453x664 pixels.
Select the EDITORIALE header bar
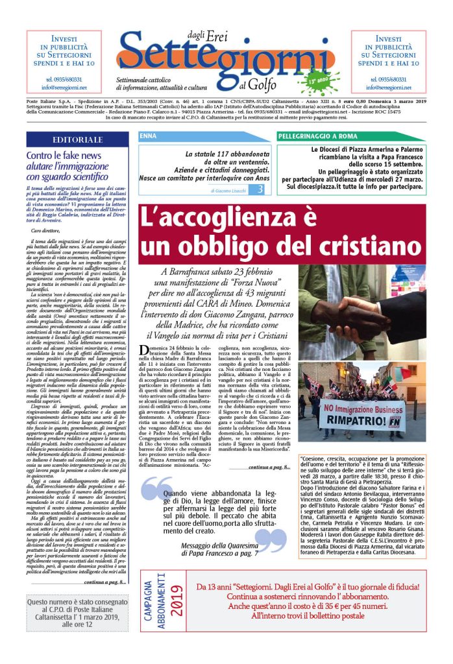point(77,139)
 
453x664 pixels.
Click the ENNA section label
point(148,136)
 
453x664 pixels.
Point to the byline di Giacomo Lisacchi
point(228,191)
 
